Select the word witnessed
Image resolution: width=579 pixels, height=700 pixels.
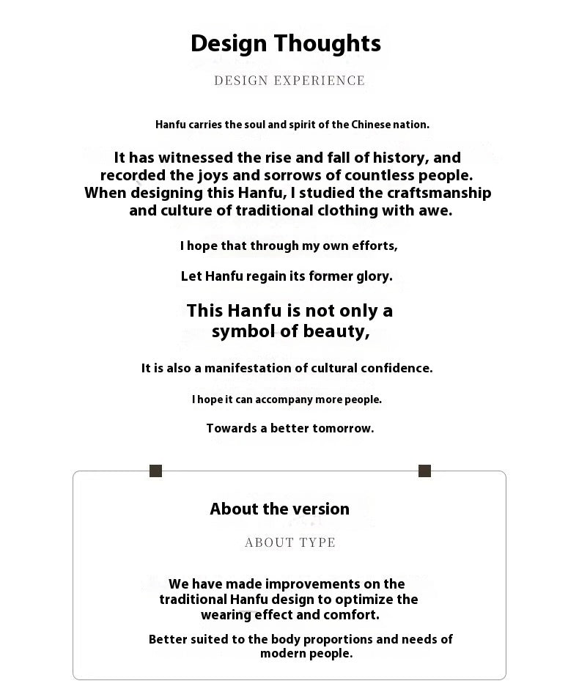click(192, 158)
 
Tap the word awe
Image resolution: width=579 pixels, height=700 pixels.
click(438, 211)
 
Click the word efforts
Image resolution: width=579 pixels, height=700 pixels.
click(373, 246)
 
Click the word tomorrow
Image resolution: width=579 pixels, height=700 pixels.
click(343, 428)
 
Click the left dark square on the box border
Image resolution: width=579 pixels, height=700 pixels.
click(155, 471)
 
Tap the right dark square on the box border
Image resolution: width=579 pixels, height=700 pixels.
click(424, 471)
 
